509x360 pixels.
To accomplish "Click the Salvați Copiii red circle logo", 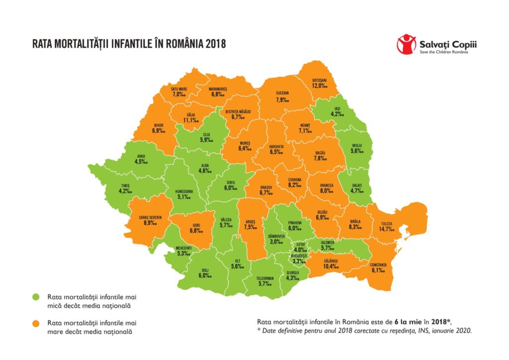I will point(406,44).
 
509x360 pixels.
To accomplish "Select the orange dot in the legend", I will point(36,324).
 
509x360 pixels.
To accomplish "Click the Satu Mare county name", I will point(176,89).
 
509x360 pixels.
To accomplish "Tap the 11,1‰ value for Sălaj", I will point(191,120).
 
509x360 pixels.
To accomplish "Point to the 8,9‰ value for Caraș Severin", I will point(148,224).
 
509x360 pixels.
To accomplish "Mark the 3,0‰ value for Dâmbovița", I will point(276,242).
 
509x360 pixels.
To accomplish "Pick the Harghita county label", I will point(276,147).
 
